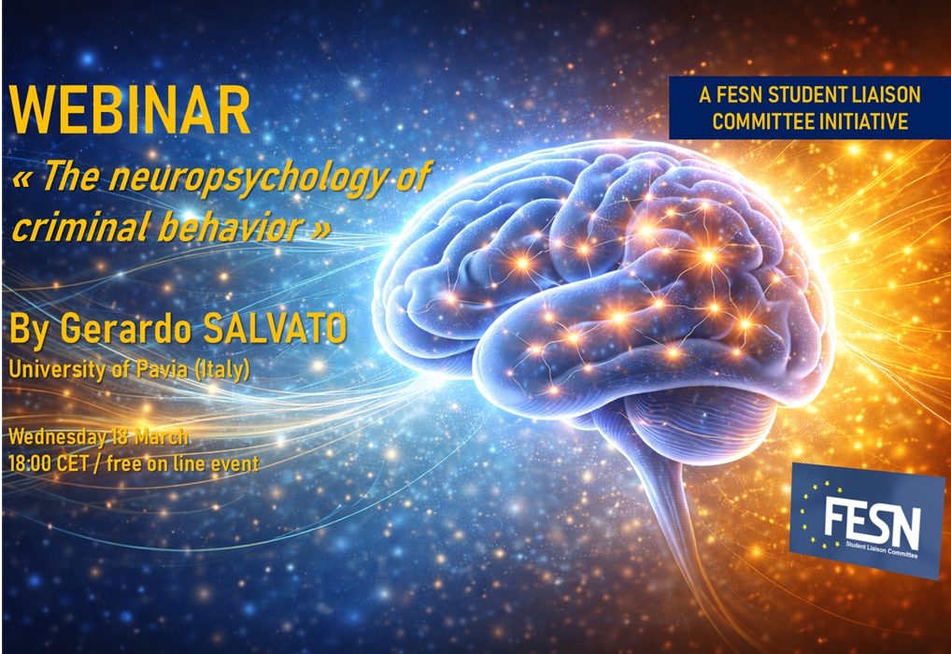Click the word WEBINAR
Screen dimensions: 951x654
(x=130, y=110)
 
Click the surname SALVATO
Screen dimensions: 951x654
(x=275, y=328)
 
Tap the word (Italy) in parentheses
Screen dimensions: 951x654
(x=222, y=369)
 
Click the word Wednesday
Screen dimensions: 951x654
(x=57, y=437)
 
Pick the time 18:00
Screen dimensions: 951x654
(x=30, y=464)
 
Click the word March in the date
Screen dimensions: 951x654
(x=162, y=437)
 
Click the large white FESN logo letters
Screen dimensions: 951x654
(x=873, y=520)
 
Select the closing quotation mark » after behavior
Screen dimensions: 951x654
(x=322, y=229)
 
